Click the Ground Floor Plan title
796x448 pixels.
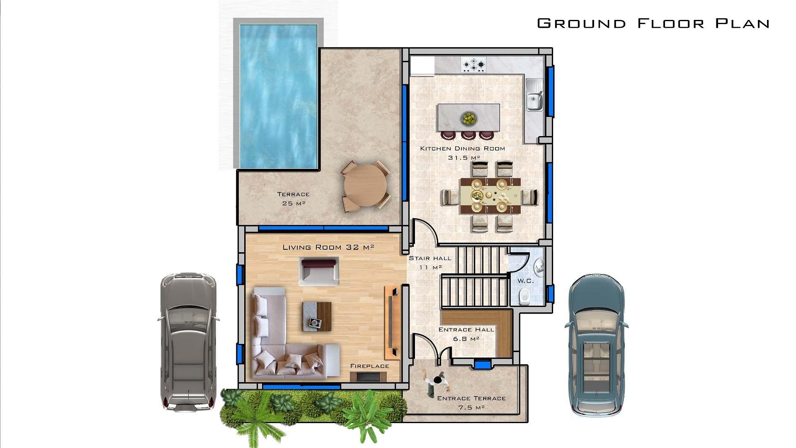tap(653, 23)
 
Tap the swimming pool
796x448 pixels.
tap(278, 95)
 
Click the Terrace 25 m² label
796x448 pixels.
tap(294, 199)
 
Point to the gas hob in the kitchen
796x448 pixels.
tap(474, 65)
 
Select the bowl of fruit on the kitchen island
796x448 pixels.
tap(469, 119)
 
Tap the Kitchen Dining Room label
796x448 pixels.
tap(463, 149)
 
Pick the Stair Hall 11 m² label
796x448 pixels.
tap(430, 263)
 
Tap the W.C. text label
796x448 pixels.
tap(525, 281)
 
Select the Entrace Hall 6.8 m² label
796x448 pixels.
tap(466, 334)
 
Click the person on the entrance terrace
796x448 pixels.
tap(438, 382)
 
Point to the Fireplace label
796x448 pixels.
tap(369, 366)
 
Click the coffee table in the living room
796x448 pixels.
tap(317, 316)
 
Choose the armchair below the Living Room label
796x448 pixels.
tap(319, 271)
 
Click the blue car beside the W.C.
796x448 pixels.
tap(596, 344)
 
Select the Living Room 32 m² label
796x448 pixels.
tap(328, 247)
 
